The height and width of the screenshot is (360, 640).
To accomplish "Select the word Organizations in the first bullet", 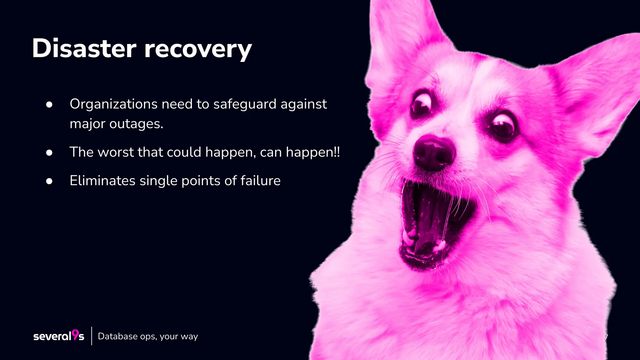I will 113,104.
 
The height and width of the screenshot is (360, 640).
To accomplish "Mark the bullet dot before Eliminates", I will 49,181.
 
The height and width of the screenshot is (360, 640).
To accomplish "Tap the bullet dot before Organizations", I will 49,105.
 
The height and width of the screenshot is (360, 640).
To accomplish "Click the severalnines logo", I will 59,336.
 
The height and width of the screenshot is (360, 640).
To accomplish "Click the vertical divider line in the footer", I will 92,336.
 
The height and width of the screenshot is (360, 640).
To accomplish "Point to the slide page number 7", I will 606,337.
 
